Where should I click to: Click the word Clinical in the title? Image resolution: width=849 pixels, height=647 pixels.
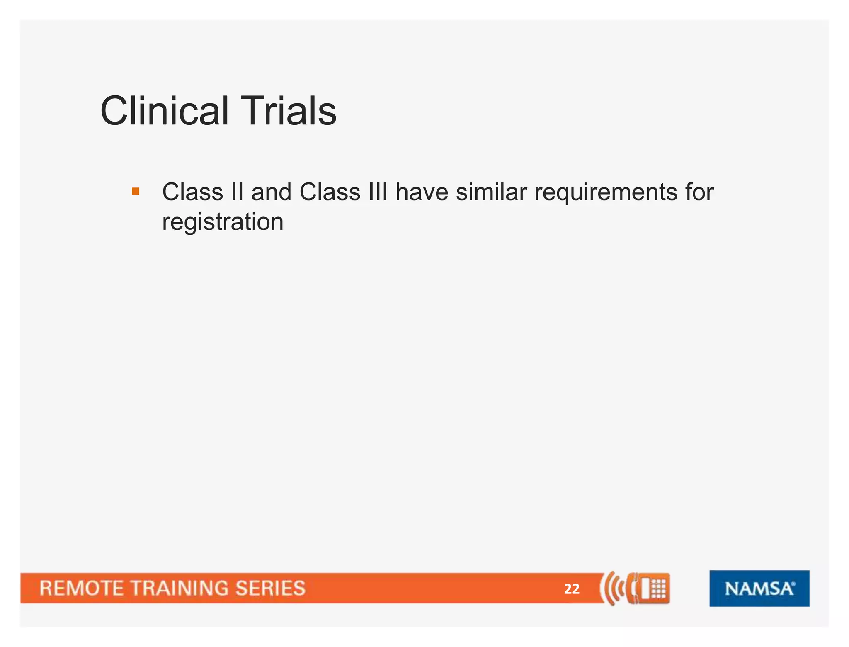pyautogui.click(x=164, y=111)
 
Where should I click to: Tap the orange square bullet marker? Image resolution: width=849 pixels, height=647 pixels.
pyautogui.click(x=136, y=191)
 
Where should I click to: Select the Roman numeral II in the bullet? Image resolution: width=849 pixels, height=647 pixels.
pyautogui.click(x=237, y=192)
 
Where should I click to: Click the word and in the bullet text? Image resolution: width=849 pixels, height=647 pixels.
pyautogui.click(x=271, y=192)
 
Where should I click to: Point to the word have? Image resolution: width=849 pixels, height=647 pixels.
pyautogui.click(x=422, y=192)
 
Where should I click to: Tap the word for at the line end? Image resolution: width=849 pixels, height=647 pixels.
pyautogui.click(x=699, y=192)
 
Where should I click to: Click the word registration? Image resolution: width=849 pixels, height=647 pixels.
pyautogui.click(x=223, y=222)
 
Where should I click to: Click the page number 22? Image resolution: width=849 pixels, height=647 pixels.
pyautogui.click(x=572, y=589)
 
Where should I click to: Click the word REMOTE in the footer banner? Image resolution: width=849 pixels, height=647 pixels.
pyautogui.click(x=81, y=589)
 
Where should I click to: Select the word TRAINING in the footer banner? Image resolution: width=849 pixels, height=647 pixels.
pyautogui.click(x=179, y=589)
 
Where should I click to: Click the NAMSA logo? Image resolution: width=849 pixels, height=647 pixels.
pyautogui.click(x=759, y=589)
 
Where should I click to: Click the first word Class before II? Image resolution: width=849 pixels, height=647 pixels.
pyautogui.click(x=193, y=192)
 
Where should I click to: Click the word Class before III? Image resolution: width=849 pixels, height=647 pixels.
pyautogui.click(x=330, y=192)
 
